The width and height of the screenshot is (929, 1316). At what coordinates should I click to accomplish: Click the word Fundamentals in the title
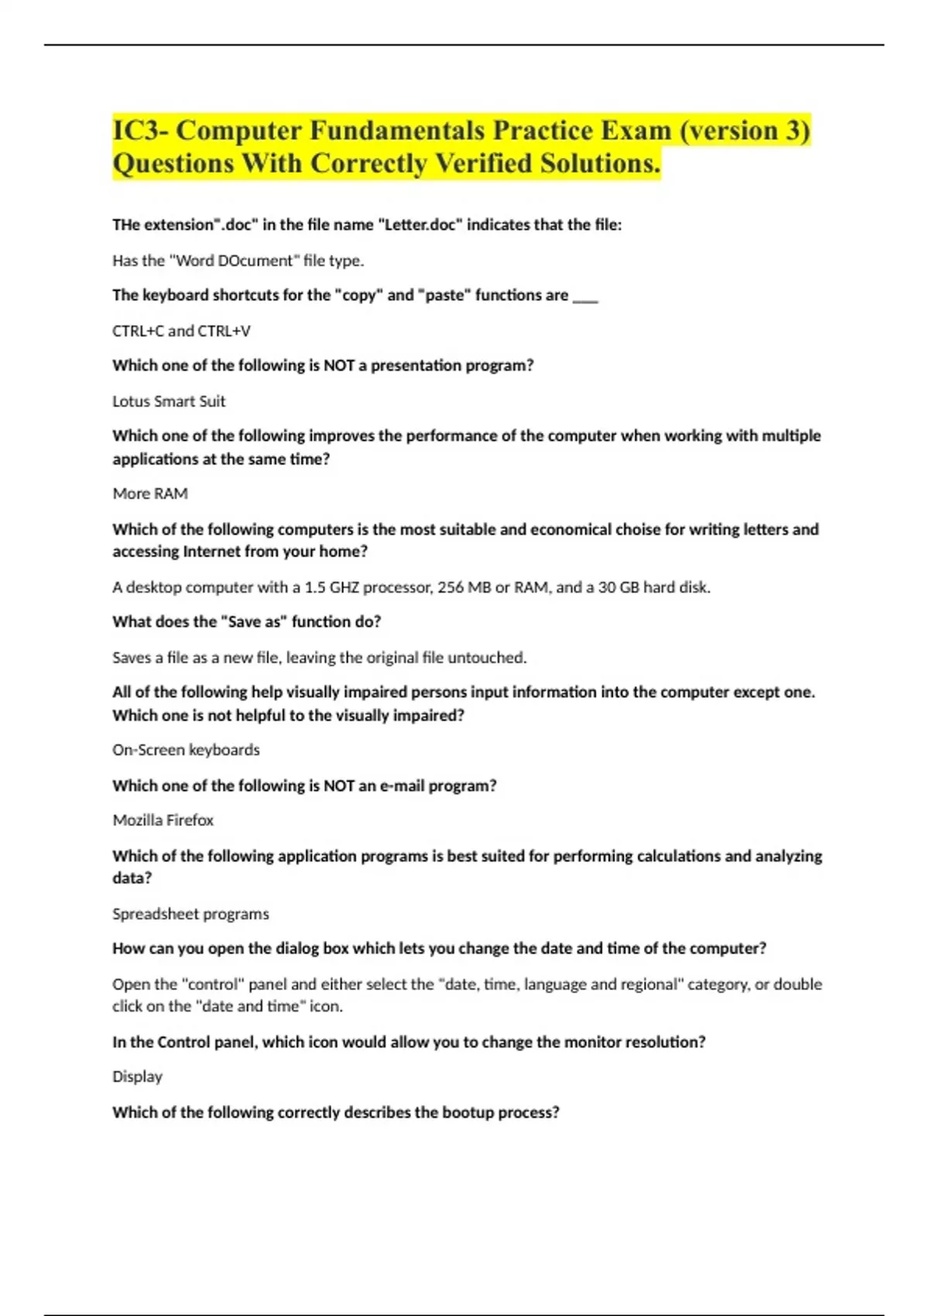[397, 130]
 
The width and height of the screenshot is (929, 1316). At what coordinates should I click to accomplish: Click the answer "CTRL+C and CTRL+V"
[181, 331]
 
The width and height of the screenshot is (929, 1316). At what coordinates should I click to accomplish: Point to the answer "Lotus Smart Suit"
[169, 401]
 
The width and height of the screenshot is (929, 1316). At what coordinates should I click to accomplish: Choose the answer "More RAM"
[150, 493]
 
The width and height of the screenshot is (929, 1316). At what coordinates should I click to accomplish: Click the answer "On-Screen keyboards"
[186, 749]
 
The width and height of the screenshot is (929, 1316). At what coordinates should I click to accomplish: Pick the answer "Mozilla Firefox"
[163, 820]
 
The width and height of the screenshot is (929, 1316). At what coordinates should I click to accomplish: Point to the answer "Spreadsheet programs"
[190, 913]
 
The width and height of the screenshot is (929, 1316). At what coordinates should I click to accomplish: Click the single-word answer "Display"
[137, 1076]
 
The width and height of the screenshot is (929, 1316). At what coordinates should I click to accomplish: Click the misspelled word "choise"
[640, 529]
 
